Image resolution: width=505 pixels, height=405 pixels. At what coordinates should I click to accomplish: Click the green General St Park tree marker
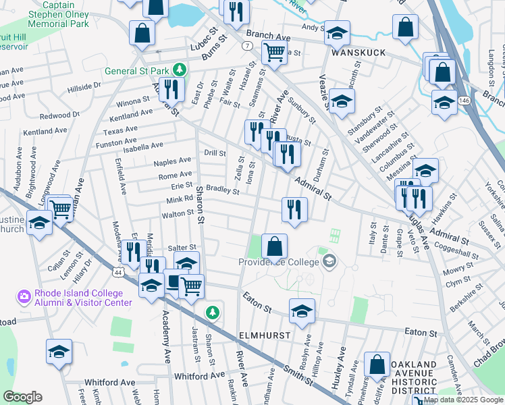pos(180,69)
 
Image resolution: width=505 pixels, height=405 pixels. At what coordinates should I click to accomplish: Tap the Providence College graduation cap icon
pos(329,261)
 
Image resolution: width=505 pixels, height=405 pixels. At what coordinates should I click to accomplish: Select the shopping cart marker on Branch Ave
pos(274,51)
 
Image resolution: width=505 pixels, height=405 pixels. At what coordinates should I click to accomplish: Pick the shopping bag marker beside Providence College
pos(274,247)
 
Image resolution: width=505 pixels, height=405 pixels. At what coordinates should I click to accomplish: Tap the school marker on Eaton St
pos(301,311)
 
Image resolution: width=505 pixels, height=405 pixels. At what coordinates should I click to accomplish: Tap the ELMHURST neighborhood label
pos(264,335)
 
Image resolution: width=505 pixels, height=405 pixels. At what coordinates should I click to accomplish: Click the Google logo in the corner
pos(23,397)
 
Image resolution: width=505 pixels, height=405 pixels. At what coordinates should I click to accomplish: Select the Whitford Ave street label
pos(199,375)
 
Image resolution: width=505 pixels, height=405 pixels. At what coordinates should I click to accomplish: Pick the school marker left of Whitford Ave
pos(59,351)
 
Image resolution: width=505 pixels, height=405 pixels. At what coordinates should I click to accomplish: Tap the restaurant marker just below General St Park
pos(171,88)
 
